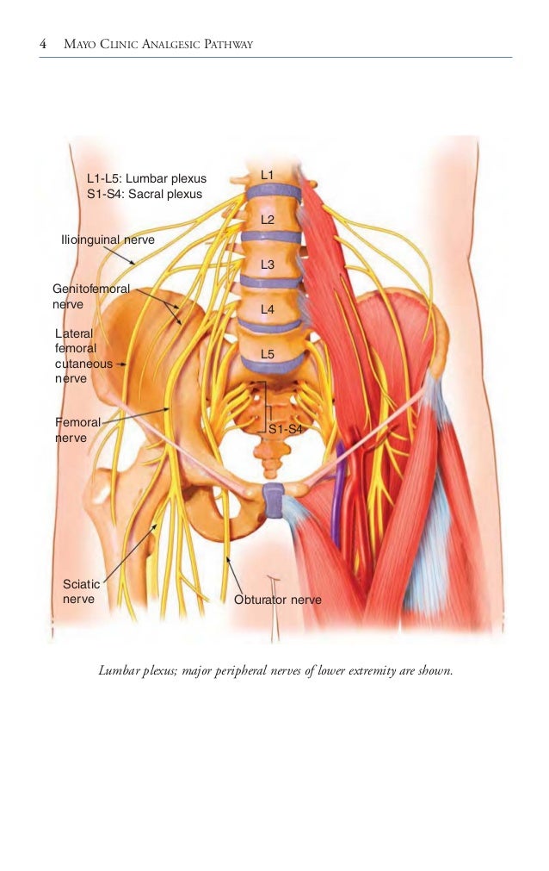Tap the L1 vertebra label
point(268,175)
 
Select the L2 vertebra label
point(268,220)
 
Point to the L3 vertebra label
point(268,264)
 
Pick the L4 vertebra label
point(268,308)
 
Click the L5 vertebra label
point(268,354)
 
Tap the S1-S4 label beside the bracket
point(286,428)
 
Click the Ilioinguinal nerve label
point(108,240)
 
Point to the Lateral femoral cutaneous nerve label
point(83,355)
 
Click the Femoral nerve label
point(77,430)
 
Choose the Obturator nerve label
point(278,600)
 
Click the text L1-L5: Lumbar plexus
point(147,178)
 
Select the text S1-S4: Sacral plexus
point(145,194)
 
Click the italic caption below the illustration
point(274,670)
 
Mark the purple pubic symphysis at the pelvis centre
point(274,500)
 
